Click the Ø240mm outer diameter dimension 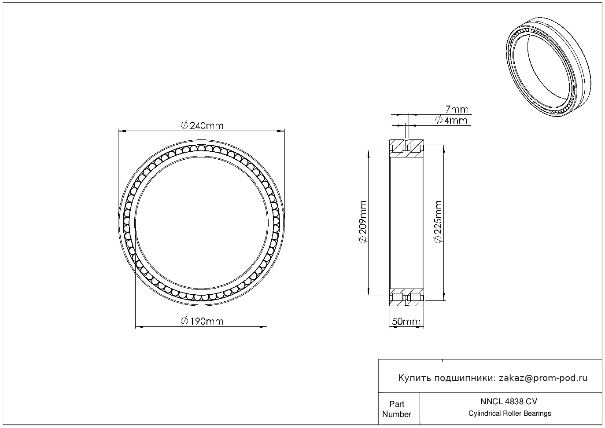click(x=202, y=126)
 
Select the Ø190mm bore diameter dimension click(x=202, y=322)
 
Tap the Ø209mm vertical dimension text click(x=363, y=222)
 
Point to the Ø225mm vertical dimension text click(x=438, y=222)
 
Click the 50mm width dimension click(x=406, y=322)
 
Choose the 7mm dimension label click(x=457, y=109)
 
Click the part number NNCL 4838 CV click(x=509, y=402)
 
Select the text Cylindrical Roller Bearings click(x=509, y=413)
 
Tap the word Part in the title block click(x=397, y=404)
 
